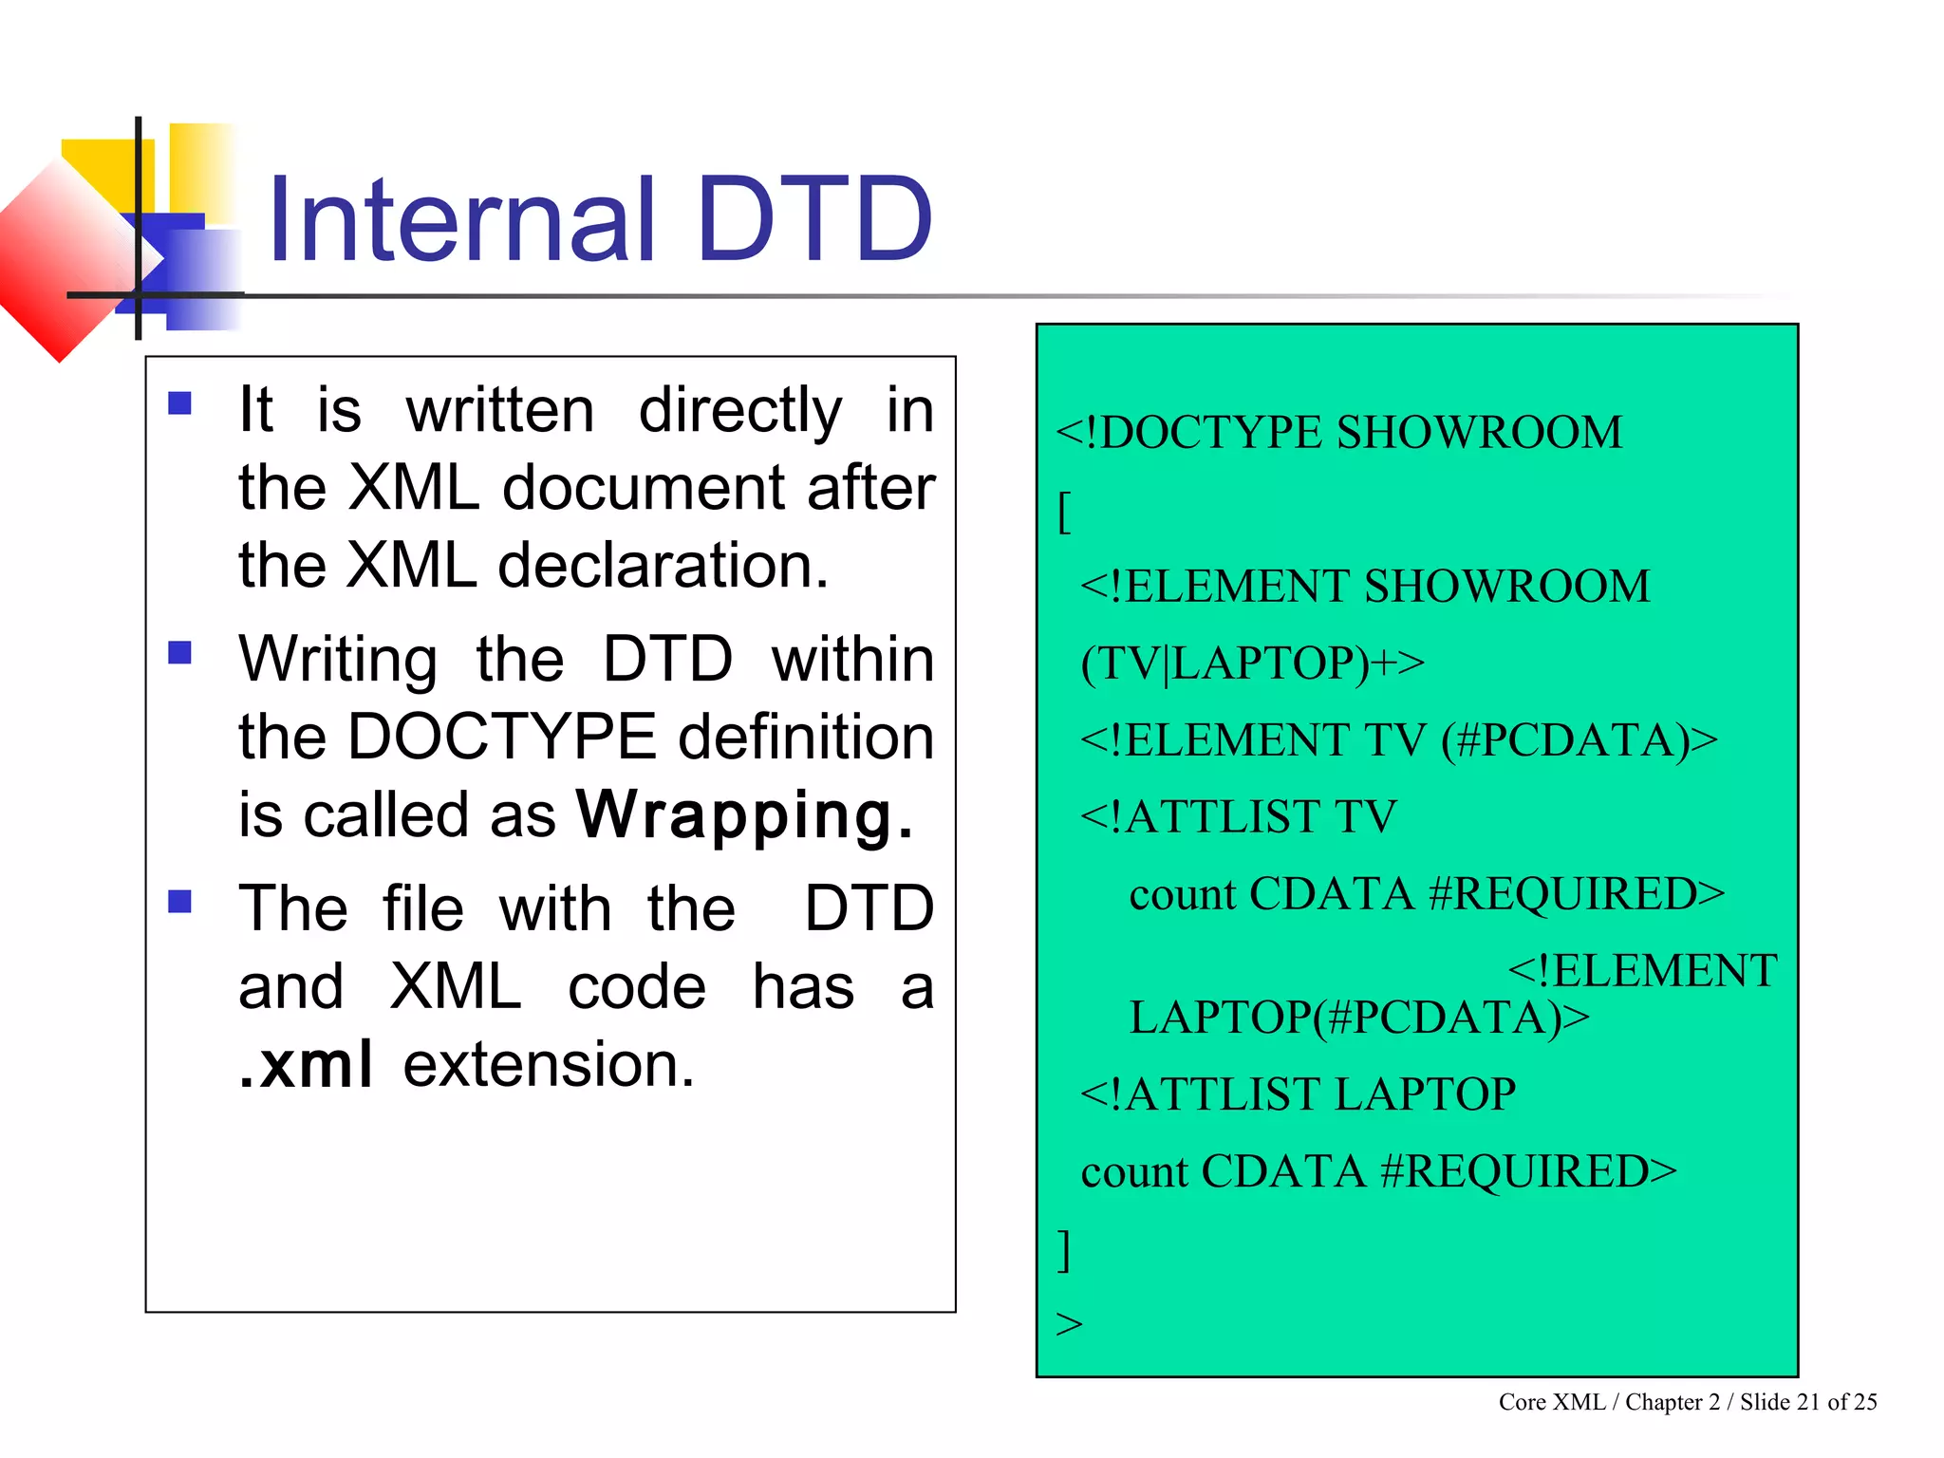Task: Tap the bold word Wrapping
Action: [745, 814]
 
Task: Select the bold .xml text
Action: [306, 1064]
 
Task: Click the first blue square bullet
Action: [179, 404]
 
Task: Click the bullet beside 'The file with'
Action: [179, 901]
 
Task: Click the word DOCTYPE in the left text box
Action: [502, 737]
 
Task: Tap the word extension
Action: [549, 1064]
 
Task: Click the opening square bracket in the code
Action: [1064, 514]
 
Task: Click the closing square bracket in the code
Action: [1064, 1249]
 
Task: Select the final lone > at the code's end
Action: [1069, 1323]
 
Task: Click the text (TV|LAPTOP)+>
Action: [1252, 663]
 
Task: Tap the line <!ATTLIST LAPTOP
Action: [1298, 1093]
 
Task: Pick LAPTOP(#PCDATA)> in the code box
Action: [1358, 1018]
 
